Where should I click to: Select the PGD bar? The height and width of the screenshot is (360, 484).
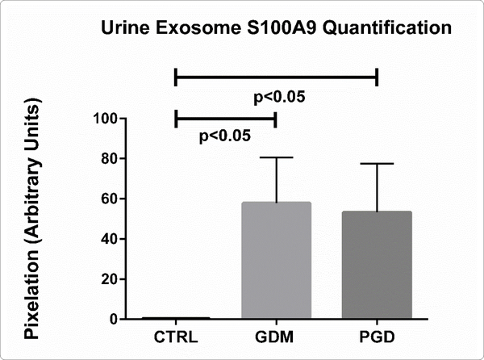point(377,265)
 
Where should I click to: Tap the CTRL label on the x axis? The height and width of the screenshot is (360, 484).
point(176,333)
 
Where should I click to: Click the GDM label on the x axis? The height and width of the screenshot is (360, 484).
point(276,333)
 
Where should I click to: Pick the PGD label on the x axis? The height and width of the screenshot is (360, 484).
point(377,333)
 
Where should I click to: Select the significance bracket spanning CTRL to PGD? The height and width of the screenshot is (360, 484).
point(276,77)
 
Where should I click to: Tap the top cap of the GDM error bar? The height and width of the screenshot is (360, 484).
point(276,157)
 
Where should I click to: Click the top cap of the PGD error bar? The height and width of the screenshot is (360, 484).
point(377,164)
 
